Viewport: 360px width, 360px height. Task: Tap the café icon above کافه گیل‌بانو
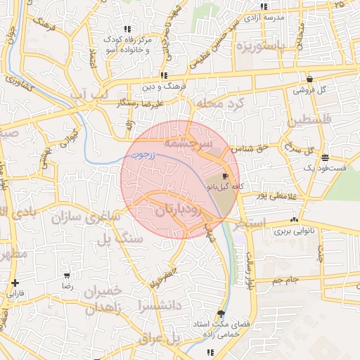click(x=225, y=176)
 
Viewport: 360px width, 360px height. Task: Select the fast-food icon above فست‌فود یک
click(x=324, y=157)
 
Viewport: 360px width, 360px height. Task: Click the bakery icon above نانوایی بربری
click(x=294, y=219)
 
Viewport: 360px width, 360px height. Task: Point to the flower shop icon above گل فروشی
click(x=310, y=78)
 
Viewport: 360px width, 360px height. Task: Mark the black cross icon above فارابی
click(x=15, y=283)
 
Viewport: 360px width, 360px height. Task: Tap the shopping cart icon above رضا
click(x=67, y=276)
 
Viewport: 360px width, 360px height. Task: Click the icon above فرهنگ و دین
click(x=164, y=75)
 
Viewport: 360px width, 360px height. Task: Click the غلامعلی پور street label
click(x=264, y=195)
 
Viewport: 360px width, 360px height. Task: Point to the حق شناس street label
click(x=252, y=148)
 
